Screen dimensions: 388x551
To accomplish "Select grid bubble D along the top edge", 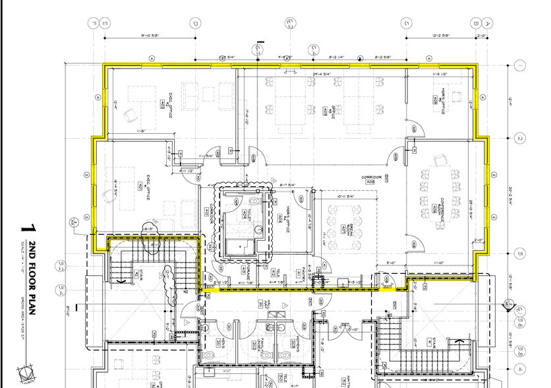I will pyautogui.click(x=195, y=23).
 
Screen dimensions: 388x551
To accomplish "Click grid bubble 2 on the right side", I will pyautogui.click(x=520, y=139).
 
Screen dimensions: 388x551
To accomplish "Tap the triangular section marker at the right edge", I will pyautogui.click(x=508, y=305).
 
